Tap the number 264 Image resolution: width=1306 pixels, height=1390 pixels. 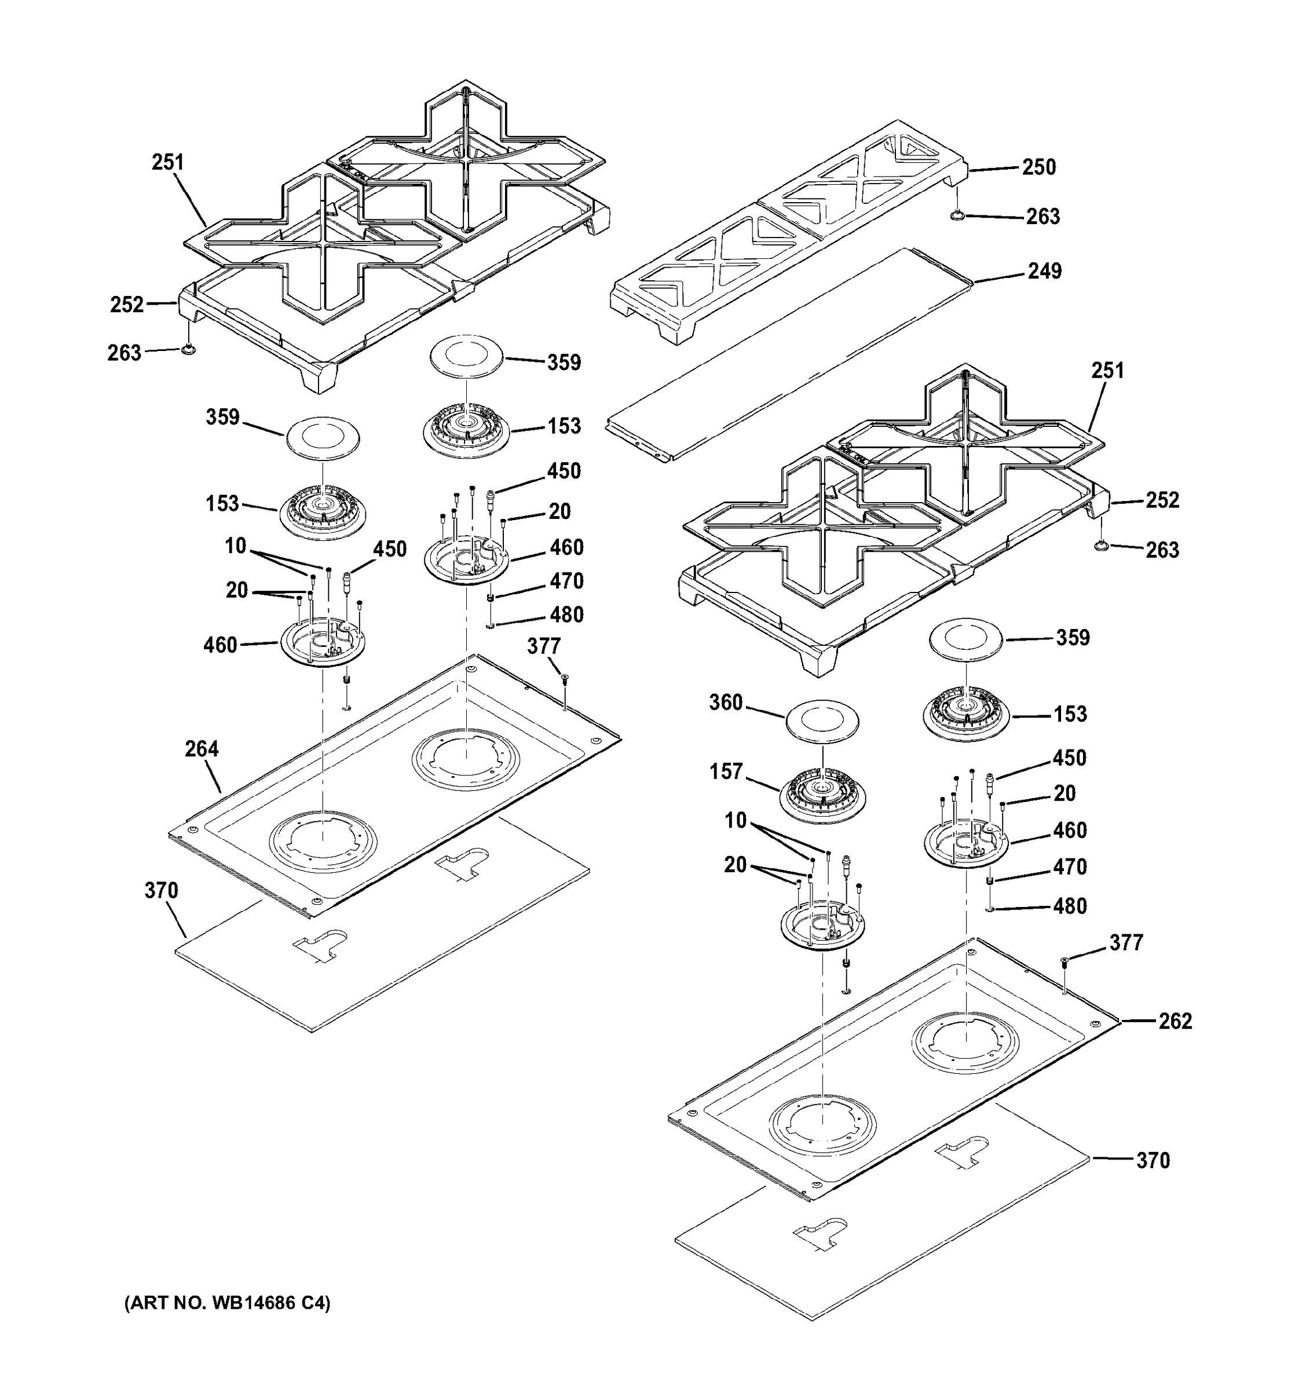click(x=202, y=749)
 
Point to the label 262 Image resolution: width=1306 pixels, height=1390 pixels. click(x=1175, y=1021)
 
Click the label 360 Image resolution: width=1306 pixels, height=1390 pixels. click(x=726, y=702)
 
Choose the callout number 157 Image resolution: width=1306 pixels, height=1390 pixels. click(x=726, y=771)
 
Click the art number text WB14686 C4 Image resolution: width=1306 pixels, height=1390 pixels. click(x=226, y=1303)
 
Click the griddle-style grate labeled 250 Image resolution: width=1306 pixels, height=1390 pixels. click(x=790, y=231)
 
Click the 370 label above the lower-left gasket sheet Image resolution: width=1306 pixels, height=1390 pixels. click(x=161, y=891)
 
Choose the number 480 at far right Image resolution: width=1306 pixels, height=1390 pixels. click(x=1070, y=906)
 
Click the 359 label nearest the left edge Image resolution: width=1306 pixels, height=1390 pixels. click(x=222, y=418)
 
